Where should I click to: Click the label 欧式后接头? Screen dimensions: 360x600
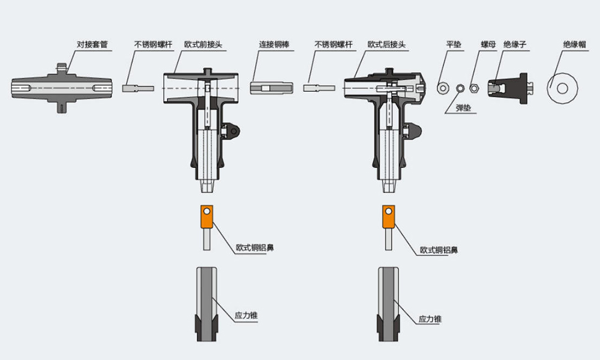click(x=385, y=44)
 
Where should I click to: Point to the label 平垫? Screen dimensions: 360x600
click(x=454, y=44)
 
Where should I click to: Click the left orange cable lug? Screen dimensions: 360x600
click(x=207, y=217)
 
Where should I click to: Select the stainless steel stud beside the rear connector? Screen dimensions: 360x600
click(x=318, y=88)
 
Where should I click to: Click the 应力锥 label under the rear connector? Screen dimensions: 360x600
click(x=430, y=319)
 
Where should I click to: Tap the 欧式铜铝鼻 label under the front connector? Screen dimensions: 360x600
click(x=256, y=247)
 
